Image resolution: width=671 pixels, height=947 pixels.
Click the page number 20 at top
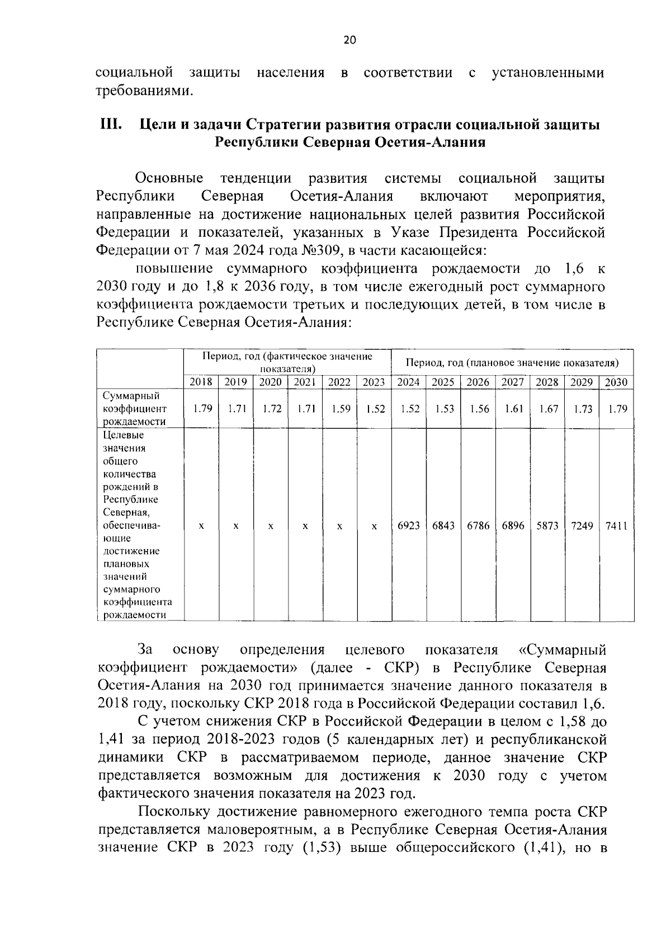click(x=349, y=40)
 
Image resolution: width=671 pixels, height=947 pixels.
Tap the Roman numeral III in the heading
click(x=108, y=124)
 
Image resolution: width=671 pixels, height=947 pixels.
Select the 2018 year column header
click(x=201, y=382)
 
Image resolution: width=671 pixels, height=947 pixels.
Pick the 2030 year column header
click(x=616, y=382)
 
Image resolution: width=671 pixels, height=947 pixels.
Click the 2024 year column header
click(x=409, y=382)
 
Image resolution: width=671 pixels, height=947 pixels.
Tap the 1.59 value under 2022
click(x=340, y=409)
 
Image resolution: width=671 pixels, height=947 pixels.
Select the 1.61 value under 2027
click(x=513, y=409)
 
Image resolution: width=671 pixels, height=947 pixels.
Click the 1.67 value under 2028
click(x=547, y=409)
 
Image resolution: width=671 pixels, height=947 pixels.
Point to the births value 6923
click(x=409, y=526)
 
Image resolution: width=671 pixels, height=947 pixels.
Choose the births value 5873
click(x=547, y=526)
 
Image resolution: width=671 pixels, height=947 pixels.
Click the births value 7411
click(x=616, y=526)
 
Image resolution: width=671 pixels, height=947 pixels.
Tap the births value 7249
click(x=582, y=526)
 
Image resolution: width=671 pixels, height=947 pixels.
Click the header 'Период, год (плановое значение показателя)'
click(x=512, y=363)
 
